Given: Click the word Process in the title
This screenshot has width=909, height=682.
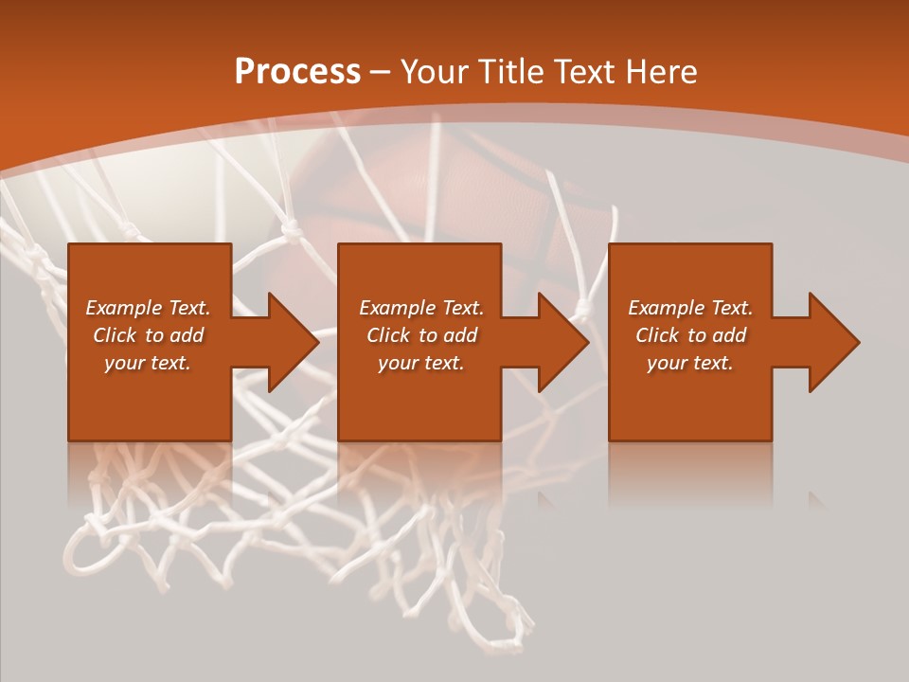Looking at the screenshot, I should coord(297,72).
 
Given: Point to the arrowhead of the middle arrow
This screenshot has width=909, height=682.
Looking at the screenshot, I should coord(562,342).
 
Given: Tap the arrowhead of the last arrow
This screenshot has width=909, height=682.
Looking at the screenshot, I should coord(833,342).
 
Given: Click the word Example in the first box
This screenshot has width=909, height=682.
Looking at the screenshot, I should coord(121,308).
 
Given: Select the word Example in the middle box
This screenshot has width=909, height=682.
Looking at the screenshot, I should coord(395,308).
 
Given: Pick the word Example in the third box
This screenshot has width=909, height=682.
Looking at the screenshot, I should coord(664,308).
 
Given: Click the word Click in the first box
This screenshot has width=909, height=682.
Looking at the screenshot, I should coord(115,335).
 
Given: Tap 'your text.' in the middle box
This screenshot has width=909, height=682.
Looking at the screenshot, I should coord(421,363).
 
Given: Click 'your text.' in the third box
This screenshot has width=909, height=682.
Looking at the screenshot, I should coord(690,363).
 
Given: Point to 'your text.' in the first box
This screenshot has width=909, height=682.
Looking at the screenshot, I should coord(148,363).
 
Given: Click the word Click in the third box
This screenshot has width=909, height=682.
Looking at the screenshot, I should coord(657,335).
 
